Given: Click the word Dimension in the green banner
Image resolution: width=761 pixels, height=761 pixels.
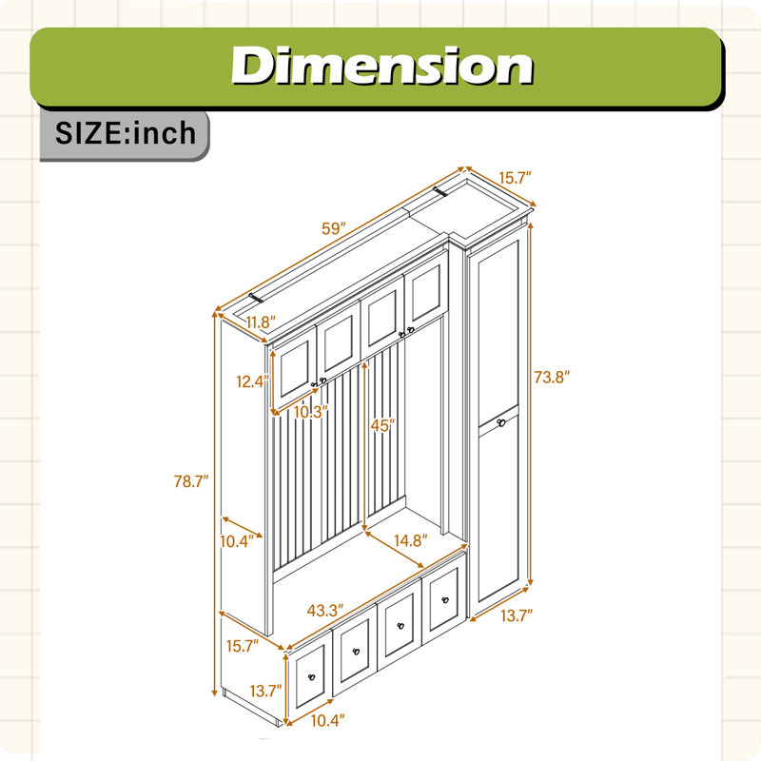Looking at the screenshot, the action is pyautogui.click(x=382, y=66).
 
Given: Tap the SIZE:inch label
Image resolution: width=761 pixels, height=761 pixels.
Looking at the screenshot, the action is pyautogui.click(x=126, y=133).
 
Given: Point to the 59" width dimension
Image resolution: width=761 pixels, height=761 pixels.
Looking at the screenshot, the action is pyautogui.click(x=334, y=228).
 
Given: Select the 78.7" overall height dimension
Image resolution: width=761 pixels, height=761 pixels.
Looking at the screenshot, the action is pyautogui.click(x=191, y=481).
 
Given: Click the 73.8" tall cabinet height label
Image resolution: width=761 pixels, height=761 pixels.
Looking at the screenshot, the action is pyautogui.click(x=552, y=377).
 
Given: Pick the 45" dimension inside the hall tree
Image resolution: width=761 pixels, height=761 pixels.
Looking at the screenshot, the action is pyautogui.click(x=382, y=425).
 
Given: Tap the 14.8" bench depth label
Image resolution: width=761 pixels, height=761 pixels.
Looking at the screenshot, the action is pyautogui.click(x=411, y=540).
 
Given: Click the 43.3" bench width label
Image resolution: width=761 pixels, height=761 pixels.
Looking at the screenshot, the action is pyautogui.click(x=325, y=611).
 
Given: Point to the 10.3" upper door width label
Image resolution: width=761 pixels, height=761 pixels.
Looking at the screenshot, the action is pyautogui.click(x=311, y=412).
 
